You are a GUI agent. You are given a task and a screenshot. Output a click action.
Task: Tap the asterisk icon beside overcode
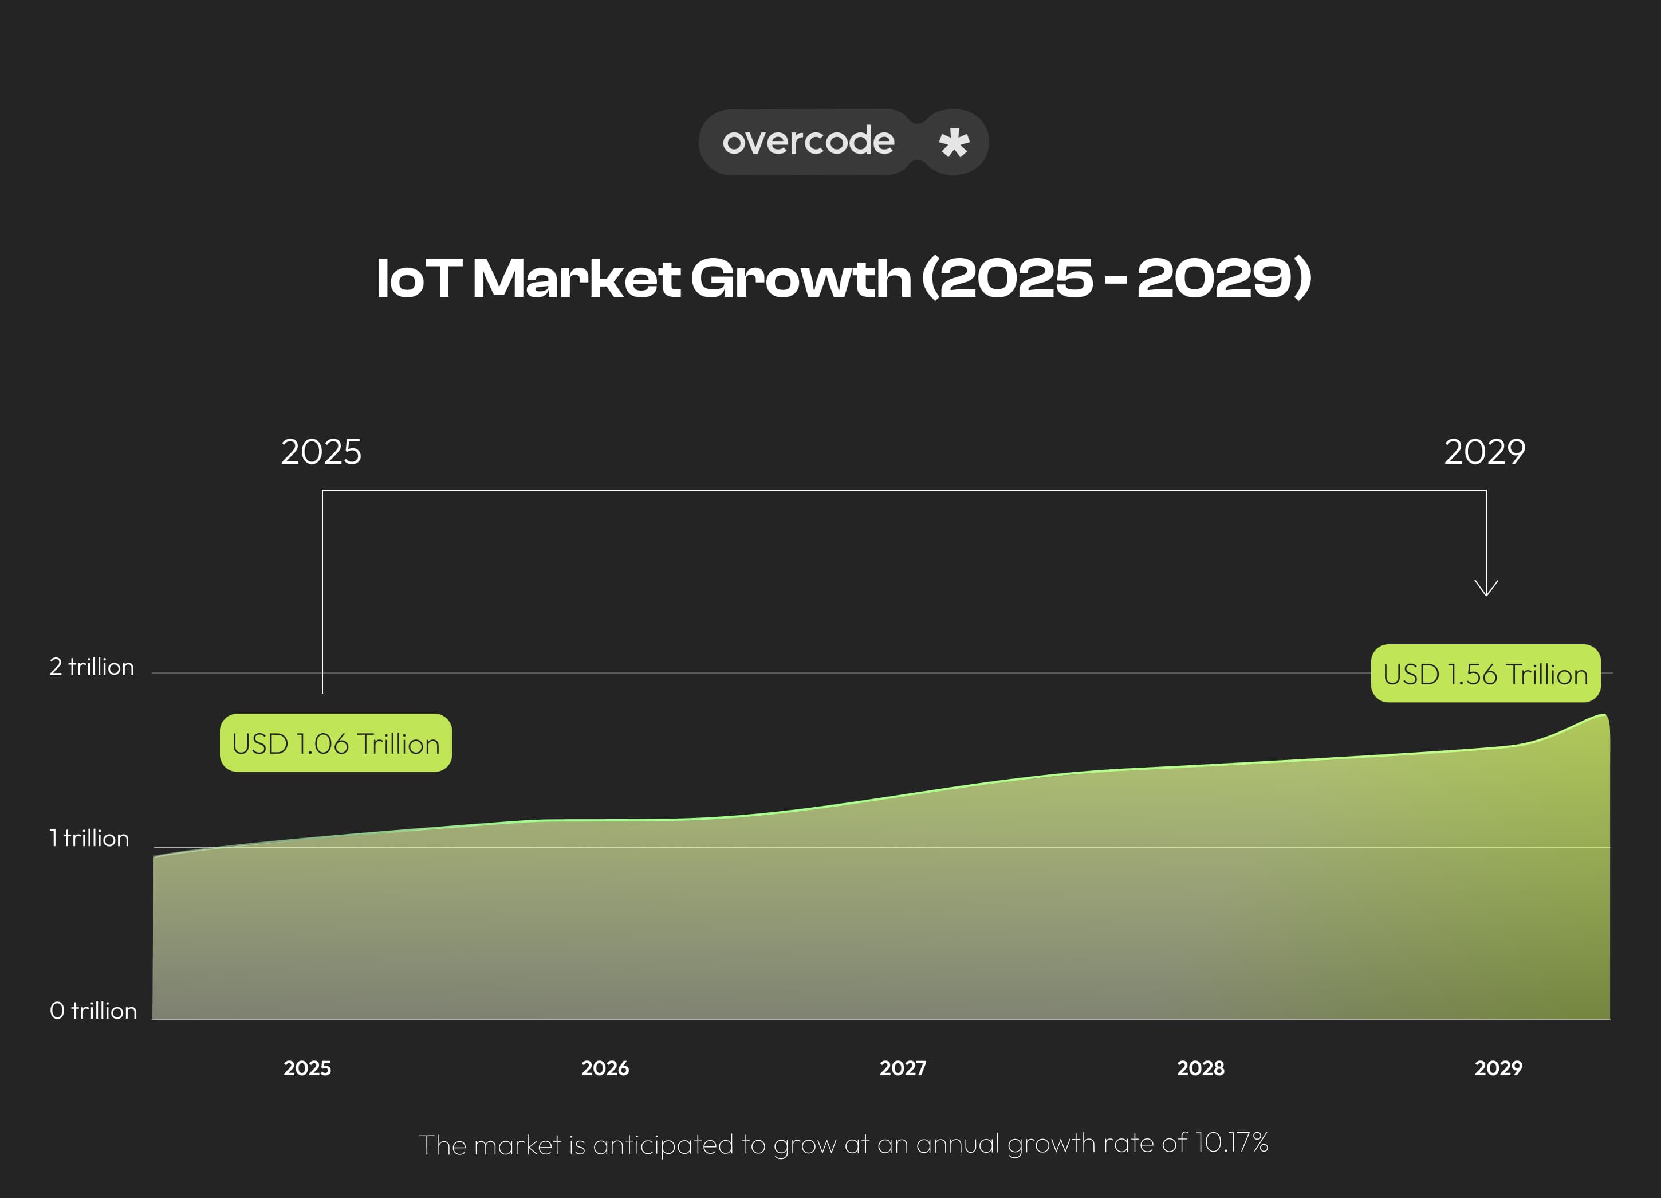[x=954, y=142]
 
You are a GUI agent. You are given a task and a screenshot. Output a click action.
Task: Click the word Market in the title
[x=576, y=279]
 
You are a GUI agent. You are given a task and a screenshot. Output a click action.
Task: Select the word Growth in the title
[x=801, y=279]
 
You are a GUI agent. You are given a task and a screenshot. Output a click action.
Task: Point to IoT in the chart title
[x=418, y=279]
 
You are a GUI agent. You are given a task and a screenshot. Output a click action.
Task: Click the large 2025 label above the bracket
[x=321, y=452]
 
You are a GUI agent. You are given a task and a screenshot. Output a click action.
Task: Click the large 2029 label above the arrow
[x=1485, y=452]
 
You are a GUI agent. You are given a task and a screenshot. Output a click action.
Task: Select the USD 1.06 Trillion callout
[x=336, y=743]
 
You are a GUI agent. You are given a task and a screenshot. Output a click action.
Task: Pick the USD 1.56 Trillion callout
[x=1485, y=674]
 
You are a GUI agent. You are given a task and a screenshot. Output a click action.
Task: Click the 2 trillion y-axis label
[x=92, y=667]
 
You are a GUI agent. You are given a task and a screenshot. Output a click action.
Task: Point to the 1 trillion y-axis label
[x=89, y=838]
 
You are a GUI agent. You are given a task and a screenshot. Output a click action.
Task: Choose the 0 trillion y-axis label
[x=93, y=1011]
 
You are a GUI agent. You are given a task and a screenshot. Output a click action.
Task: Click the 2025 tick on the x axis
[x=307, y=1068]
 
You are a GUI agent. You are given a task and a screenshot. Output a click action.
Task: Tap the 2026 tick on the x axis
[x=605, y=1068]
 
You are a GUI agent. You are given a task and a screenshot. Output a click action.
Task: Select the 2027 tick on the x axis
[x=902, y=1068]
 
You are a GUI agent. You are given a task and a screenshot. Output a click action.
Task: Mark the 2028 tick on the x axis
[x=1201, y=1068]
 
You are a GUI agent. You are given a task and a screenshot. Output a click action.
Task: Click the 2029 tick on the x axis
[x=1498, y=1068]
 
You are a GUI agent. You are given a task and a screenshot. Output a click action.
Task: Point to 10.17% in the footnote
[x=1231, y=1142]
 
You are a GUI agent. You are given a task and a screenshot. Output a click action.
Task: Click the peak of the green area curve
[x=1604, y=715]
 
